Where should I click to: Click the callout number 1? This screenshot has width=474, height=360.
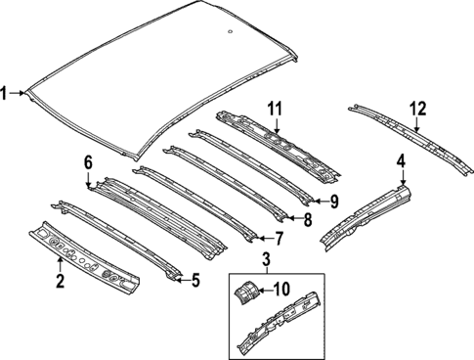coord(6,94)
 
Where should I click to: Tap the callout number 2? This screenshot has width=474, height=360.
coord(60,283)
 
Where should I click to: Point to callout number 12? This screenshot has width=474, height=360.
coord(418,108)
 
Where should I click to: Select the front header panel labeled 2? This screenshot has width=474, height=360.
coord(88,256)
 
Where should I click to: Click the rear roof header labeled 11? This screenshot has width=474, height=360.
coord(279,142)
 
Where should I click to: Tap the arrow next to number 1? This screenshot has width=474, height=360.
coord(22,94)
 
